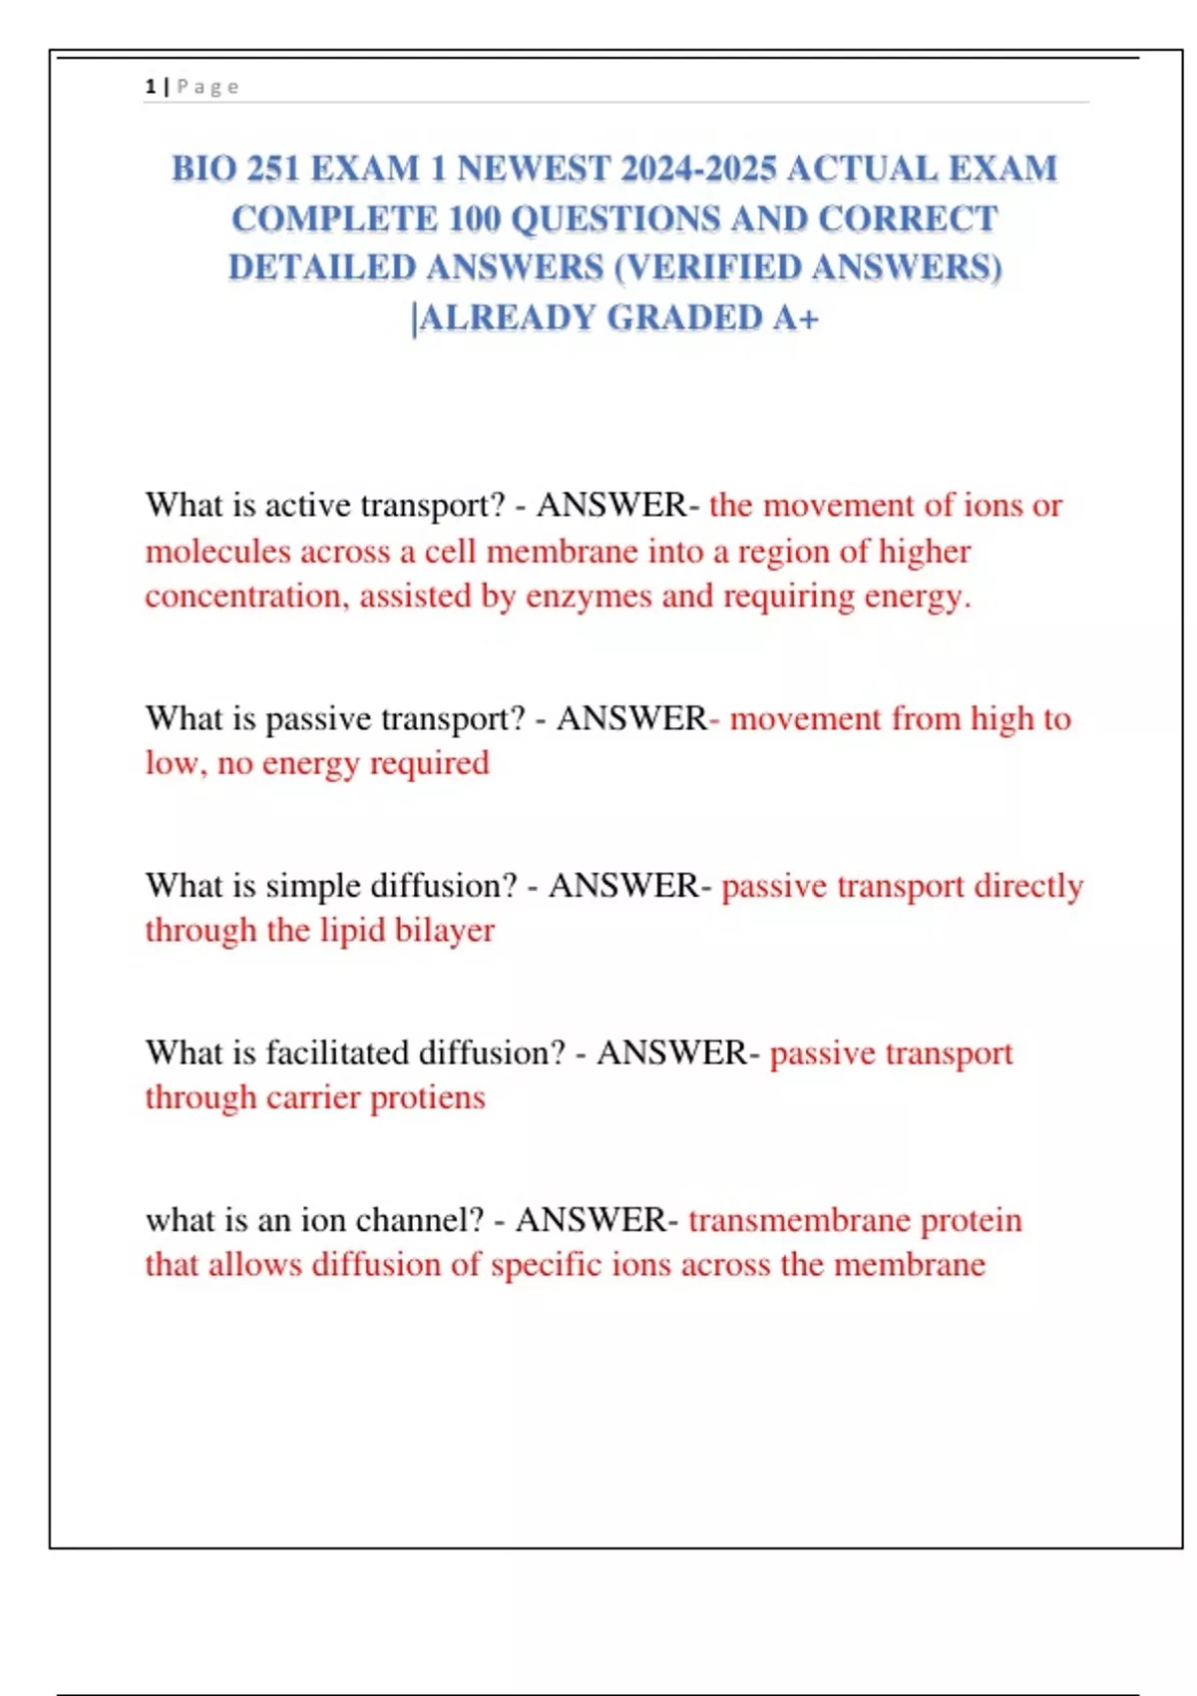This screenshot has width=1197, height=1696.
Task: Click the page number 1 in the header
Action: [150, 87]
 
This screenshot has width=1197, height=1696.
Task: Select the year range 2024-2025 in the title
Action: [697, 169]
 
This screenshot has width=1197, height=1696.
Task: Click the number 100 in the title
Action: [474, 218]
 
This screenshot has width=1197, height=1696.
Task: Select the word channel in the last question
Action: [419, 1220]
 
